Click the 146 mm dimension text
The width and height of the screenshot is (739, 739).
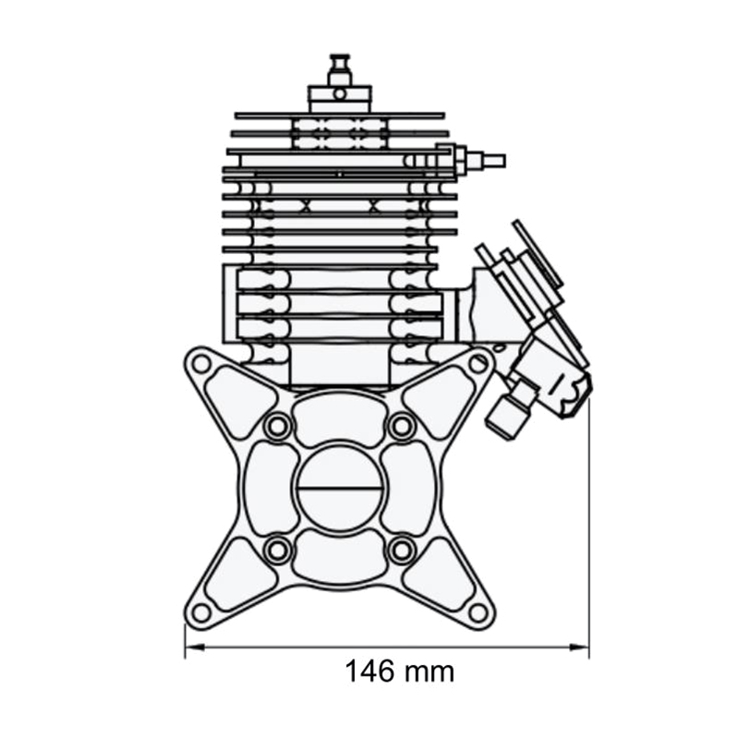tap(400, 672)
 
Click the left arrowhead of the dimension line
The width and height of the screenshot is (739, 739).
tap(190, 648)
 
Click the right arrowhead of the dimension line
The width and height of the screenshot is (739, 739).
tap(583, 648)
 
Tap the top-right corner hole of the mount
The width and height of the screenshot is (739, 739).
tap(478, 363)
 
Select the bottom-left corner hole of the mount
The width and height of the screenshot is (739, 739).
tap(201, 612)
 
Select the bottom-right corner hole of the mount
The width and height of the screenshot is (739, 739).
tap(478, 612)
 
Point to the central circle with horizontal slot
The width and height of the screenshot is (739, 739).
tap(339, 488)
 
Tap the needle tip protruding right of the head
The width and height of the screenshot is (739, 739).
tap(493, 161)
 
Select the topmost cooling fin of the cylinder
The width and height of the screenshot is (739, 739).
tap(339, 115)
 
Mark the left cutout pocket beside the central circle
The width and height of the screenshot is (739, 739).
tap(269, 488)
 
